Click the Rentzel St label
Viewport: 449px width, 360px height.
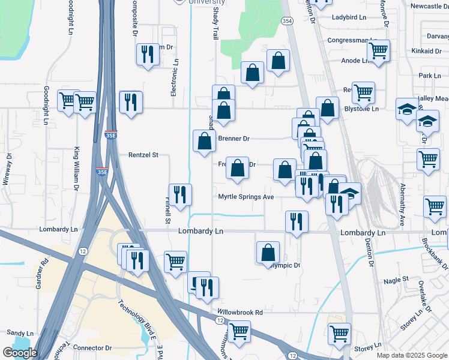143,155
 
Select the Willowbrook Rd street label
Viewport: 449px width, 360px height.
240,313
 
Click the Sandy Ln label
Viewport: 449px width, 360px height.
20,333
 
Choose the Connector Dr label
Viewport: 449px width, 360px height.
92,348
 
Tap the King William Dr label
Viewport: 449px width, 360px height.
77,169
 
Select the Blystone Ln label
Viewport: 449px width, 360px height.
361,109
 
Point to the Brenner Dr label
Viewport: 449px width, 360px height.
234,139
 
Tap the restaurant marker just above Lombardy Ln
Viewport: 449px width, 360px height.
297,221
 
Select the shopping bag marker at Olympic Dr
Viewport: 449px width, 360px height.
268,253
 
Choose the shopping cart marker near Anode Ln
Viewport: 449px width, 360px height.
378,52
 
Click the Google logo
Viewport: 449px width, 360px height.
20,353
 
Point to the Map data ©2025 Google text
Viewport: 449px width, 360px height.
411,355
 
